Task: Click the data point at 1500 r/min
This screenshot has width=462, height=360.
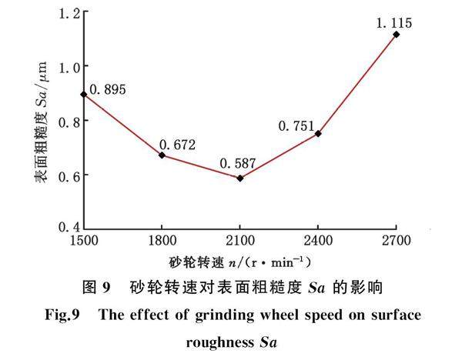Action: [83, 95]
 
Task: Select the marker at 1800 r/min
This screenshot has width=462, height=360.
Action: [162, 155]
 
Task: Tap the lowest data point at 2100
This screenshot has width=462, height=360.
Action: [240, 178]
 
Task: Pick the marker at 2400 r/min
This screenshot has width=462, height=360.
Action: [318, 134]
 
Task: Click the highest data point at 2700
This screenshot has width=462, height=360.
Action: [397, 35]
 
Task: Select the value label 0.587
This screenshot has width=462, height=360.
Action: [236, 164]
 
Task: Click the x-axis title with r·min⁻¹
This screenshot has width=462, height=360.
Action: [240, 262]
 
